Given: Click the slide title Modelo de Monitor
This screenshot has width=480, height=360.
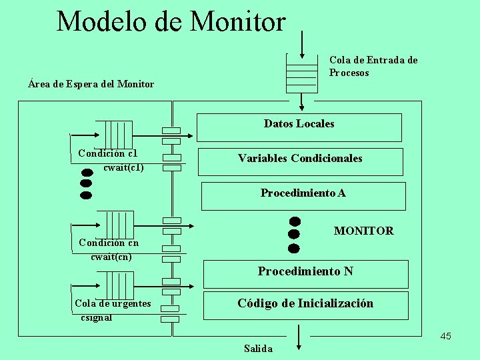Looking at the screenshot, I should pos(171,21).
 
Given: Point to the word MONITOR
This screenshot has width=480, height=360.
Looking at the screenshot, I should pos(363,231).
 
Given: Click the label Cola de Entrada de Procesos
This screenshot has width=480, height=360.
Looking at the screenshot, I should pos(373,66).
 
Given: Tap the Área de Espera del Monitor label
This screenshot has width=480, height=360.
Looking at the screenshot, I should pos(91,84).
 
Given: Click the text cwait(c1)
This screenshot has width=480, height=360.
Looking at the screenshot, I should pos(123,167).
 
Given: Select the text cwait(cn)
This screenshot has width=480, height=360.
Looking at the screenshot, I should pos(111,256).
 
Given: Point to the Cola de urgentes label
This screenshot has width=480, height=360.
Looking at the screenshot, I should pos(113,304).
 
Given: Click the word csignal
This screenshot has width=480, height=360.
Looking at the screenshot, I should pos(96,317).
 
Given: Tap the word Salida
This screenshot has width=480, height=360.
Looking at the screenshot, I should pos(258,349).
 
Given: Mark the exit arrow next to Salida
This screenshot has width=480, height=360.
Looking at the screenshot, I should pos(299,336).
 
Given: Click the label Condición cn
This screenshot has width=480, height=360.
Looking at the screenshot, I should pos(109,243).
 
